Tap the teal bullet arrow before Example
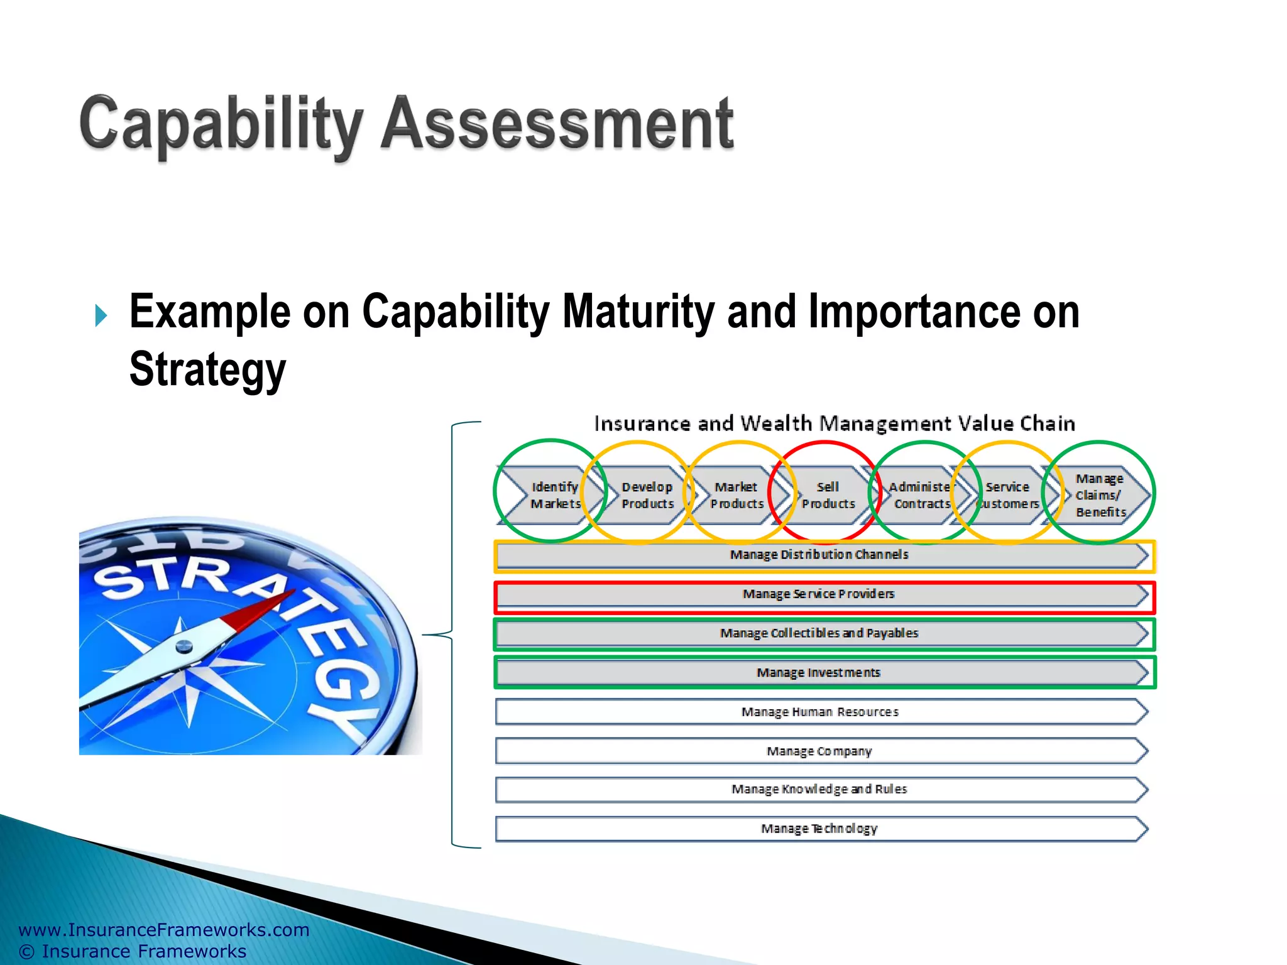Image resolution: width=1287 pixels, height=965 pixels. (x=101, y=315)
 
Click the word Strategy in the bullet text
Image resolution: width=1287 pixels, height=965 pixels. (x=207, y=369)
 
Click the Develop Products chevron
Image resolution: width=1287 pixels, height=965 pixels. (x=646, y=495)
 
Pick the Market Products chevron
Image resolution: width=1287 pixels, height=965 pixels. (x=736, y=495)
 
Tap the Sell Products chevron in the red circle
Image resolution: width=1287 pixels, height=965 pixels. (x=827, y=495)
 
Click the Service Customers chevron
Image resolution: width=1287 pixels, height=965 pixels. (x=1007, y=495)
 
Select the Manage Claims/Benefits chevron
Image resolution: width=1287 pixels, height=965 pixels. (x=1100, y=495)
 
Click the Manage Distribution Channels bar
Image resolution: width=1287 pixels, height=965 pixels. (x=819, y=555)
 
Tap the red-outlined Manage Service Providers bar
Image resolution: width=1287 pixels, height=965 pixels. (x=819, y=595)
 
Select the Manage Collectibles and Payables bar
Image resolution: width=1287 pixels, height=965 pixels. (x=819, y=634)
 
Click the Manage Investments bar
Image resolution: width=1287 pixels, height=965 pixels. (x=819, y=673)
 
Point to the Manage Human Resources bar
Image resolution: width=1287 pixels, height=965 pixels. (x=819, y=712)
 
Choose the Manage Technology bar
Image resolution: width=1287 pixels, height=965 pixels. (x=819, y=829)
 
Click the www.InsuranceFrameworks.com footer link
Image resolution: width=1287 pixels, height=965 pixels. (x=164, y=930)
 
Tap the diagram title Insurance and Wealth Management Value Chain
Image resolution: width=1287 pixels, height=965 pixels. (x=835, y=424)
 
